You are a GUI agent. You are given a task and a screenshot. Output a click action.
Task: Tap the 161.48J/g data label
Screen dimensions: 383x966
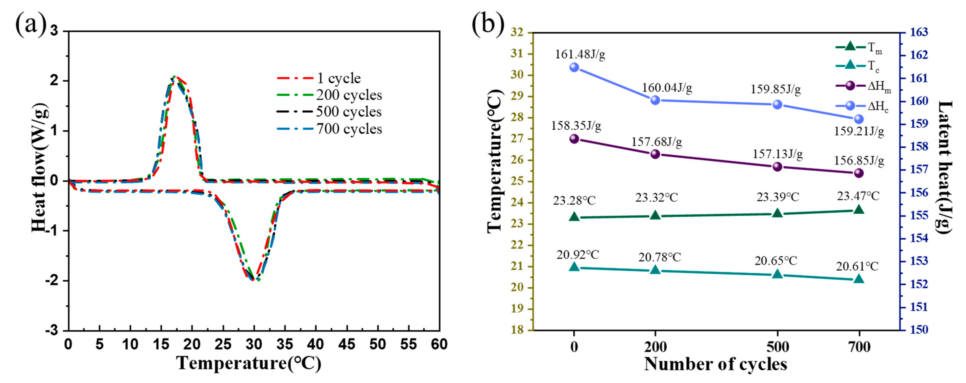[x=580, y=55]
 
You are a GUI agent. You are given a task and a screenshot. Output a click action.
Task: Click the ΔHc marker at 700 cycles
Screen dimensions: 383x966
[x=859, y=119]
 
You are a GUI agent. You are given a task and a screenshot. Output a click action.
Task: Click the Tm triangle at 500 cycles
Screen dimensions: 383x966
[x=777, y=213]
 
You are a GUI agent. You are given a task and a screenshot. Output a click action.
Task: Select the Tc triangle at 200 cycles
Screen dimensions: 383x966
[x=655, y=270]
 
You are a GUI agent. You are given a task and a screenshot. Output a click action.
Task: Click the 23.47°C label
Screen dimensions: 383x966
[x=858, y=196]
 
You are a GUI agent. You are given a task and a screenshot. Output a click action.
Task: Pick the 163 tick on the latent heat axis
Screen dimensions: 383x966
[x=919, y=33]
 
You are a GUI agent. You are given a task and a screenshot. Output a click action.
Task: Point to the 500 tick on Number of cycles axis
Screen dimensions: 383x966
[x=777, y=347]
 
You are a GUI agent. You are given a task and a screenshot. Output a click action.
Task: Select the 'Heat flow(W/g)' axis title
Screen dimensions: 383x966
[x=39, y=167]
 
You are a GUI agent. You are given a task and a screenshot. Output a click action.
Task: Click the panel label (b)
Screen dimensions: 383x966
[x=488, y=25]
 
